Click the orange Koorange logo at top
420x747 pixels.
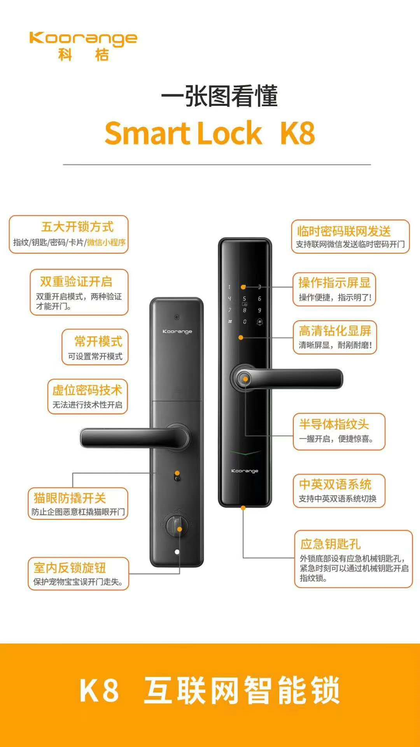pyautogui.click(x=83, y=46)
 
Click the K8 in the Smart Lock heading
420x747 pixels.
pyautogui.click(x=297, y=133)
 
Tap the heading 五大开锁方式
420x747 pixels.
pyautogui.click(x=77, y=226)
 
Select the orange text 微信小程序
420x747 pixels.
pyautogui.click(x=106, y=242)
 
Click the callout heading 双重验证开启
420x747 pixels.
pyautogui.click(x=76, y=281)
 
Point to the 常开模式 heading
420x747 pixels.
pyautogui.click(x=98, y=341)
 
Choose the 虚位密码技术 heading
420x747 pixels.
pyautogui.click(x=87, y=390)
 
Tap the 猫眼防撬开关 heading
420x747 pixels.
pyautogui.click(x=70, y=498)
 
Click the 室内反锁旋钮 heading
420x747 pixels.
pyautogui.click(x=70, y=568)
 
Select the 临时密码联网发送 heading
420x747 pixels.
pyautogui.click(x=344, y=231)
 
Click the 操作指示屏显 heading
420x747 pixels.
pyautogui.click(x=334, y=282)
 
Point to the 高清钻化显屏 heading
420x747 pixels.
pyautogui.click(x=335, y=331)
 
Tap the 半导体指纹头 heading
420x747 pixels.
pyautogui.click(x=334, y=424)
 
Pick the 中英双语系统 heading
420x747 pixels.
pyautogui.click(x=335, y=484)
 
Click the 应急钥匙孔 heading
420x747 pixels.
pyautogui.click(x=331, y=544)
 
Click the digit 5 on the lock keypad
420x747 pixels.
pyautogui.click(x=244, y=298)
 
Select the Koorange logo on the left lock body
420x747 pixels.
pyautogui.click(x=177, y=331)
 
